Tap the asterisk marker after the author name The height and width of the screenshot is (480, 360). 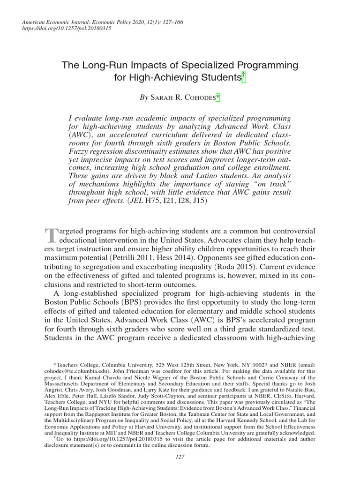[217, 97]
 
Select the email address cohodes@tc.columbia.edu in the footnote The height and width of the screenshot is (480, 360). [69, 370]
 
